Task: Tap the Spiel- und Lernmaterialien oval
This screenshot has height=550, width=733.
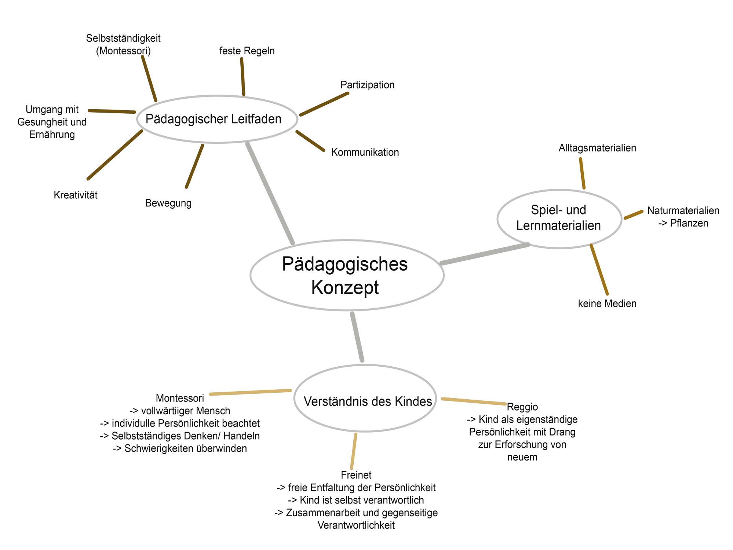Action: tap(559, 218)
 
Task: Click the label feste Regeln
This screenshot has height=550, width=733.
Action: tap(247, 51)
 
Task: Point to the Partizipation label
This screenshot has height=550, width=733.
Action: tap(367, 85)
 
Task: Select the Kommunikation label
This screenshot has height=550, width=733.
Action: tap(365, 152)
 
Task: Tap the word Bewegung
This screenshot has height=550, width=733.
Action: tap(168, 203)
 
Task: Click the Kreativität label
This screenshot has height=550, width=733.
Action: tap(76, 195)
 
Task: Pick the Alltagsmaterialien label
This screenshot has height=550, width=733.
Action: tap(597, 148)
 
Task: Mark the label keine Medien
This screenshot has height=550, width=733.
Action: tap(607, 303)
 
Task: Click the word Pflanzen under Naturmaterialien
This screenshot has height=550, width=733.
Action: tap(689, 223)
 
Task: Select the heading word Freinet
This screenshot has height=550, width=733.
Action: tap(356, 475)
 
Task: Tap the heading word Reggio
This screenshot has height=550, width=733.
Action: tap(522, 407)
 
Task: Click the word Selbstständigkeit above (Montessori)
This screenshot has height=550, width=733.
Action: tap(123, 38)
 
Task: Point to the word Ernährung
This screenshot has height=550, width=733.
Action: tap(52, 134)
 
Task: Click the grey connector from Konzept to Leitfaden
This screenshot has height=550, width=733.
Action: tap(270, 193)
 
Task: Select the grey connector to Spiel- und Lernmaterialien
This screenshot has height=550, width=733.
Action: tap(485, 254)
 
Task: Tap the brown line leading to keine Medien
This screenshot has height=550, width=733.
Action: tap(599, 269)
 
